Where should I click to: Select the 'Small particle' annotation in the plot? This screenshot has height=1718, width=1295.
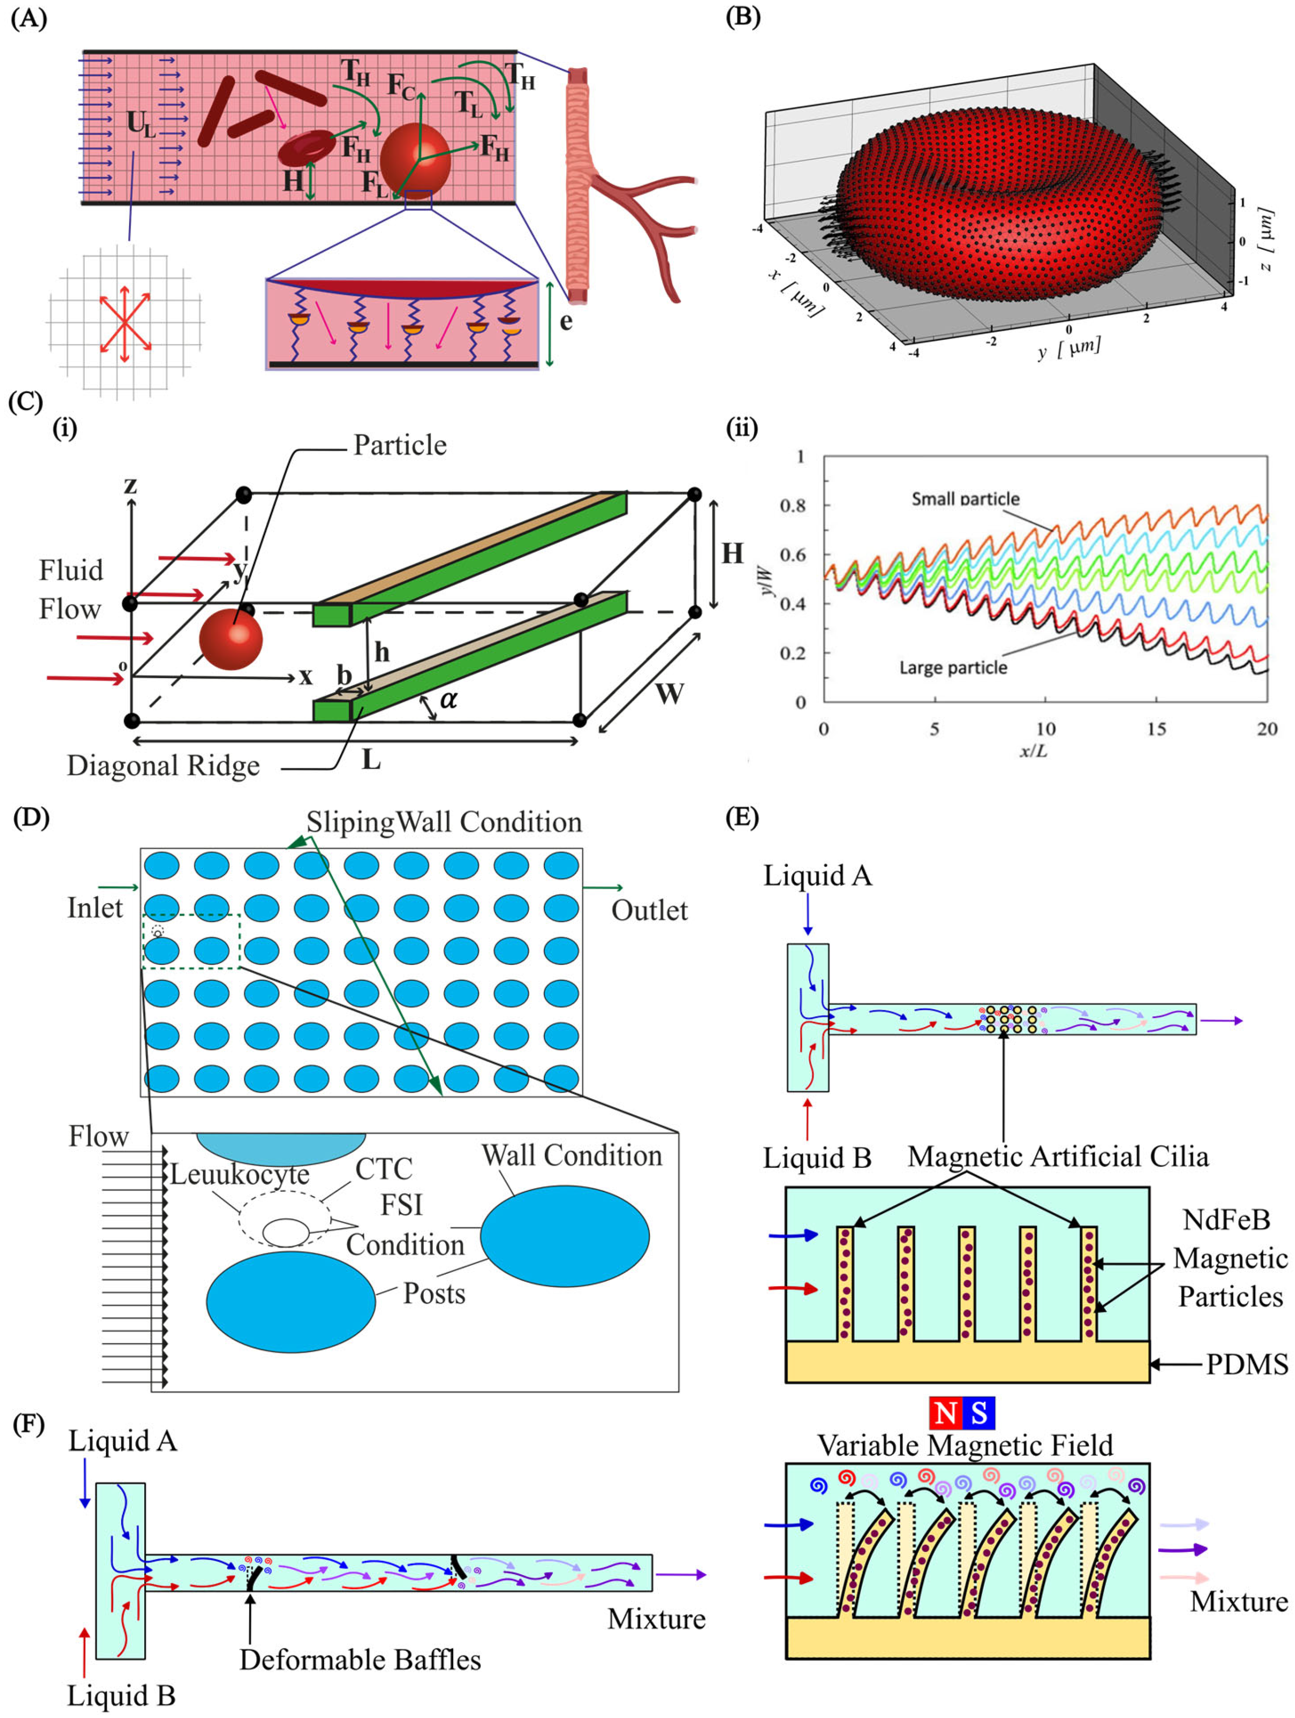965,499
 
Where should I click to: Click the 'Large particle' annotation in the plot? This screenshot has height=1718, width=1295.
953,667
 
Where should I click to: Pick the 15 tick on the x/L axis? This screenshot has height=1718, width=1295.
1156,729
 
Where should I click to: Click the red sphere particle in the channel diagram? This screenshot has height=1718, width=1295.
231,638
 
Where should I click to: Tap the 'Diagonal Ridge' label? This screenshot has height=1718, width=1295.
163,766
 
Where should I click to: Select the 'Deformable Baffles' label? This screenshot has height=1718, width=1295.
359,1660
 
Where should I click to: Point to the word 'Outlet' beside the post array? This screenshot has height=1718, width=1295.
649,910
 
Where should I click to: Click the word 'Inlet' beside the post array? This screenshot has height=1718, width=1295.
95,907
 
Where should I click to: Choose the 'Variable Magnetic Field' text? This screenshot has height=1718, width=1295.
965,1445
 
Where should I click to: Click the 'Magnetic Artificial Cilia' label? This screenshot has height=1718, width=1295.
1058,1156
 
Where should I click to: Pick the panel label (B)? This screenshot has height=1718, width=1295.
742,17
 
